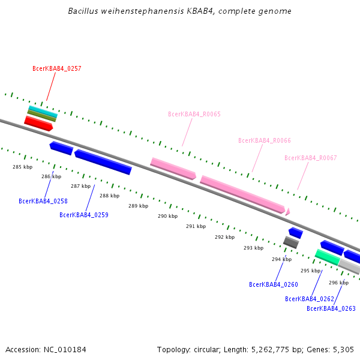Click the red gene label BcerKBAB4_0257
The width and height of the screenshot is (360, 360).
(x=57, y=68)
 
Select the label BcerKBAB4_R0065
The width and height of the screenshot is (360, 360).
(x=194, y=114)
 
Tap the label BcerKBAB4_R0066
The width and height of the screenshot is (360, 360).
(x=265, y=140)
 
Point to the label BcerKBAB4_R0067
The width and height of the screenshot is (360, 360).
(x=311, y=158)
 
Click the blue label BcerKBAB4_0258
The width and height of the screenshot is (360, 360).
(x=43, y=201)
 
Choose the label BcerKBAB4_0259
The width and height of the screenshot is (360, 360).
(x=84, y=215)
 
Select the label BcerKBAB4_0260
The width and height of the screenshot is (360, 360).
(x=274, y=284)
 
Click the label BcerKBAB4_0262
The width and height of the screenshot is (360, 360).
(x=310, y=299)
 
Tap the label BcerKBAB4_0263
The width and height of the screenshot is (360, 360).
(x=331, y=308)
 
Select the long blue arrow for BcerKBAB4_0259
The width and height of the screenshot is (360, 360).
(x=103, y=162)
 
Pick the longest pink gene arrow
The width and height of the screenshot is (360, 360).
(x=242, y=194)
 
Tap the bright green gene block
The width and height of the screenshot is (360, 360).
(x=327, y=257)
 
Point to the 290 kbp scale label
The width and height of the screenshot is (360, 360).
(x=167, y=216)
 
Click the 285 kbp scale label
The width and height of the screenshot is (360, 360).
(x=22, y=167)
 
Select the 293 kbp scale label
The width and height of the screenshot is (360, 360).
(x=253, y=248)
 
